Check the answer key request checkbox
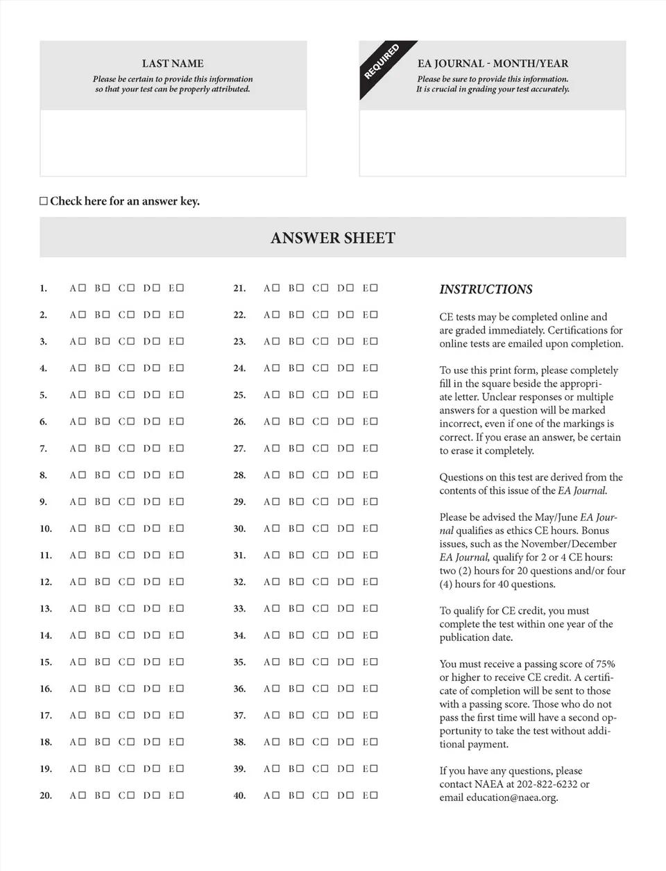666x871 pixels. tap(44, 202)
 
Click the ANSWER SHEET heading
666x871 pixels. tap(333, 238)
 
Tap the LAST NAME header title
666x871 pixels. tap(173, 63)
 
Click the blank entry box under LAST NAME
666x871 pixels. tap(173, 143)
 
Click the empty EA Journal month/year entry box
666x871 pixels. tap(493, 143)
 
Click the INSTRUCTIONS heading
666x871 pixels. tap(486, 289)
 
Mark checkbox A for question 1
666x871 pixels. tap(82, 288)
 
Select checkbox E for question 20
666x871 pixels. tap(180, 795)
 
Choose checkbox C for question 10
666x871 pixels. tap(130, 528)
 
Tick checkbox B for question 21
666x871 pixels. tap(300, 288)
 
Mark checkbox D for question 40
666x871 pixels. tap(350, 795)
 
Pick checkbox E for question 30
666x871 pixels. tap(374, 528)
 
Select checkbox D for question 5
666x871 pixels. tap(156, 395)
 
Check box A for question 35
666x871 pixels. tap(276, 662)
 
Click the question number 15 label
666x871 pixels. tap(46, 662)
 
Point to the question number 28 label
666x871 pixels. tap(239, 475)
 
